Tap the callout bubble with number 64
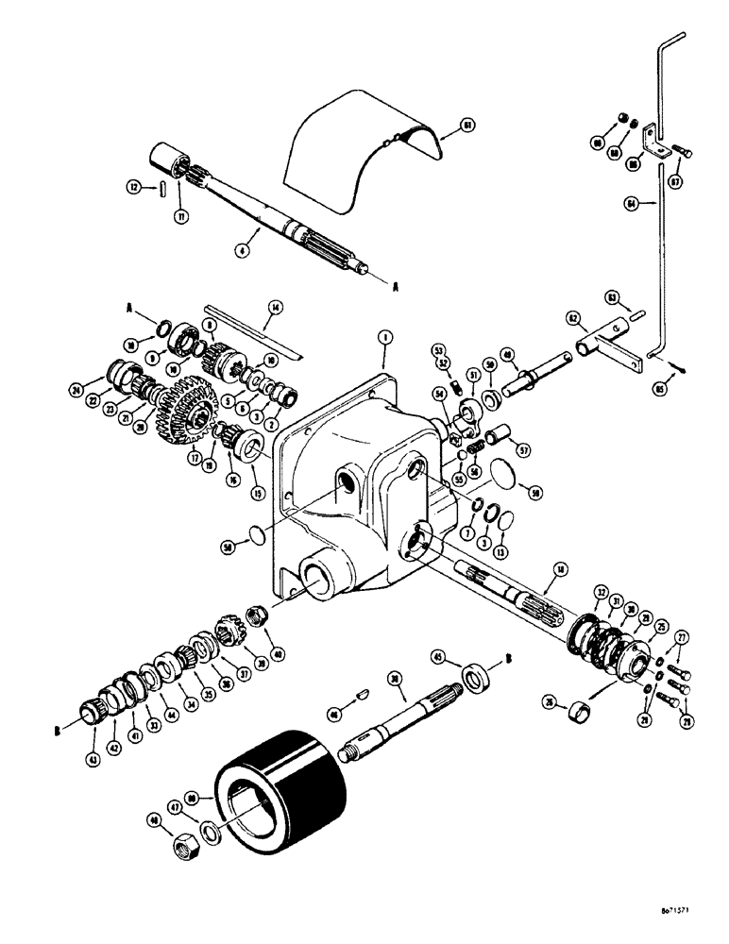pyautogui.click(x=630, y=202)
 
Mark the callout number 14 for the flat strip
pyautogui.click(x=275, y=307)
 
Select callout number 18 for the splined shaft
pyautogui.click(x=562, y=569)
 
